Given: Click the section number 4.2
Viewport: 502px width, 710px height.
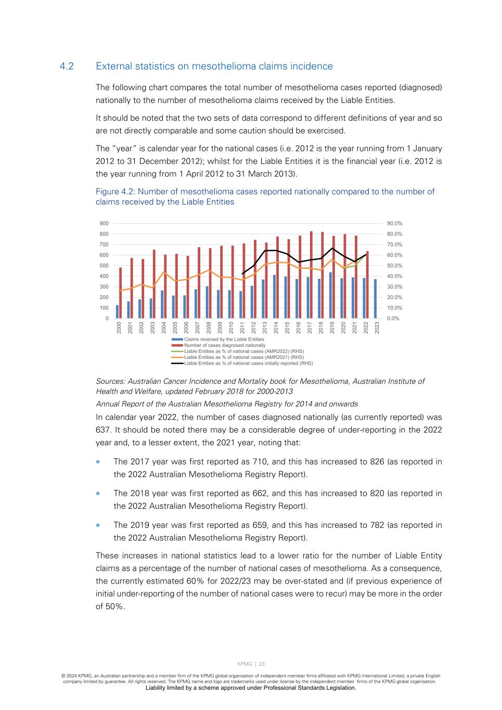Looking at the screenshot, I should (x=67, y=67).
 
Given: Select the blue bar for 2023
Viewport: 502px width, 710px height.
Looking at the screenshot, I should (x=375, y=299).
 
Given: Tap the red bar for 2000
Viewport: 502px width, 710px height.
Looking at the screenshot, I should (x=121, y=293).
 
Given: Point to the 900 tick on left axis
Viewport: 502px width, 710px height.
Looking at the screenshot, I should (x=104, y=224).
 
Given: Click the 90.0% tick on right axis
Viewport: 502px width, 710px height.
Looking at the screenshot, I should (x=394, y=224).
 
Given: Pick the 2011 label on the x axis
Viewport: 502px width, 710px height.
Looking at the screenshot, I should (x=243, y=328).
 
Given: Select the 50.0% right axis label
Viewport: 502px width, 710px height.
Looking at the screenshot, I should (x=394, y=266).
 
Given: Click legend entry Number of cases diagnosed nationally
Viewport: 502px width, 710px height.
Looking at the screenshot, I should (x=225, y=345).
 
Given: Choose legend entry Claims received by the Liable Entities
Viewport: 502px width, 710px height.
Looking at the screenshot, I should (x=224, y=339).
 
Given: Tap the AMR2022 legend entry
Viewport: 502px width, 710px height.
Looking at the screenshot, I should (x=244, y=351).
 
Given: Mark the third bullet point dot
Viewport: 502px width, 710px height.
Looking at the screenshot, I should (x=98, y=525).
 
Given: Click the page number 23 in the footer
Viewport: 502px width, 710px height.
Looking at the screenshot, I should (x=262, y=664).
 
